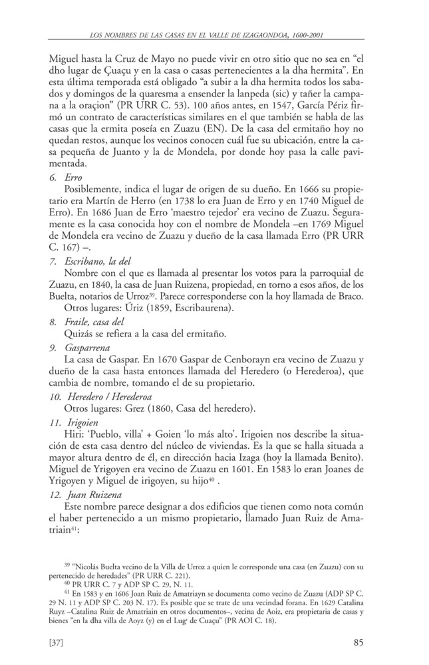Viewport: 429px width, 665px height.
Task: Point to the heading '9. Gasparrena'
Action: pos(82,348)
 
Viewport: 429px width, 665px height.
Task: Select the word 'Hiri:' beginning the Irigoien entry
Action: pos(74,436)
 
